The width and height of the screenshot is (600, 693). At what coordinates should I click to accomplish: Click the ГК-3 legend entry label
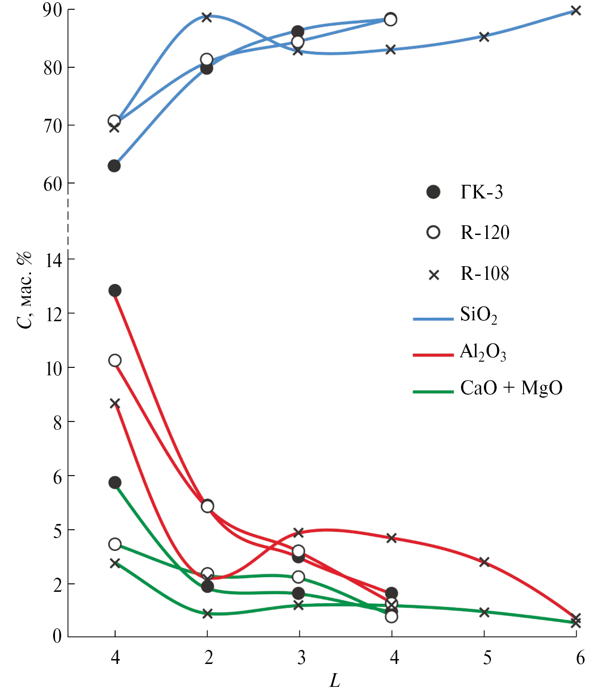point(481,192)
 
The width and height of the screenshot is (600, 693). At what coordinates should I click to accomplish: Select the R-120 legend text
point(485,232)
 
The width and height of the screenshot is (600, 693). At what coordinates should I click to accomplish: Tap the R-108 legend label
point(485,274)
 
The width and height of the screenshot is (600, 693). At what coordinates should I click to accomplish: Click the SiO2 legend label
point(479,315)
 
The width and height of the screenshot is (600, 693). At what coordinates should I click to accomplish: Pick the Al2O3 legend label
point(483,352)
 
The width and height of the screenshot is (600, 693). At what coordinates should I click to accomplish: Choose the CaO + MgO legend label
point(511,388)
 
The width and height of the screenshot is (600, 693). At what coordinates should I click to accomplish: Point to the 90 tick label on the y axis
point(52,10)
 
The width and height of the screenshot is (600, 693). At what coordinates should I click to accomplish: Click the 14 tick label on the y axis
point(54,260)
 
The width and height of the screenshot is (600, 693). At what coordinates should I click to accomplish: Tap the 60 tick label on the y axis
point(52,184)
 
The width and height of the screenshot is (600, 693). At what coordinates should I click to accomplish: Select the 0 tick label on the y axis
point(57,636)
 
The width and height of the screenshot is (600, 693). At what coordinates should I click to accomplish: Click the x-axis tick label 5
point(487,658)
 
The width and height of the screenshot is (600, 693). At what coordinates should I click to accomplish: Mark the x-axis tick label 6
point(580,658)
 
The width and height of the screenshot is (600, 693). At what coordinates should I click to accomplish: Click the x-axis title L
point(335,681)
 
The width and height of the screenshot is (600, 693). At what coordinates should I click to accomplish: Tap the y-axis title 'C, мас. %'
point(25,290)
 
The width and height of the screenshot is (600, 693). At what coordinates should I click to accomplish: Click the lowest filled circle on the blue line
point(114,166)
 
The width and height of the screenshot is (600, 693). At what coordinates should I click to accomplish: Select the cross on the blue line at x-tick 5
point(484,37)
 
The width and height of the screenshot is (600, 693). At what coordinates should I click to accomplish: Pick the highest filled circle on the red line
point(115,290)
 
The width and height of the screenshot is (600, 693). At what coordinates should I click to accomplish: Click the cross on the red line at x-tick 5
point(484,562)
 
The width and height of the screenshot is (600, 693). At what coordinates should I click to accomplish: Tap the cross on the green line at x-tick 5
point(484,612)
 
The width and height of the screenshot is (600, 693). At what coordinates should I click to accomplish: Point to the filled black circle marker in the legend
point(433,192)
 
